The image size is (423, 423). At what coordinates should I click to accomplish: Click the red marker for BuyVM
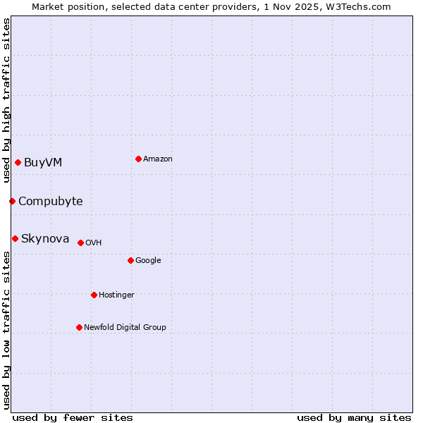[x=18, y=163]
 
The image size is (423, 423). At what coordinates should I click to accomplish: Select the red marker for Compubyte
[x=12, y=202]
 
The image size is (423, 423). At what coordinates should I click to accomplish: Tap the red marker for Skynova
[x=15, y=238]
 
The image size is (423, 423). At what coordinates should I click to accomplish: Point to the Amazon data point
[x=138, y=159]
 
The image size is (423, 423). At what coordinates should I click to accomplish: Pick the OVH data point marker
[x=80, y=243]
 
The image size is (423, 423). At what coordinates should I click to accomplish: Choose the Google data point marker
[x=130, y=260]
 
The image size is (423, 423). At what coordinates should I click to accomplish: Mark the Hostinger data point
[x=94, y=295]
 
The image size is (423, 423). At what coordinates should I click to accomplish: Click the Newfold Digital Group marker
[x=79, y=327]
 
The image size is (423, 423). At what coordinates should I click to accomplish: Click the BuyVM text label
[x=43, y=163]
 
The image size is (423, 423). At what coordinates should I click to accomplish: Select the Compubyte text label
[x=51, y=202]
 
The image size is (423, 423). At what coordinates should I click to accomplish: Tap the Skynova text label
[x=45, y=239]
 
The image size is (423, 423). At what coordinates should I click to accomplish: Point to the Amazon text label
[x=158, y=159]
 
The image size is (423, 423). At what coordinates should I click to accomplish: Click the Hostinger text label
[x=116, y=295]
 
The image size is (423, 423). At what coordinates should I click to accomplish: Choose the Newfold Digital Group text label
[x=125, y=327]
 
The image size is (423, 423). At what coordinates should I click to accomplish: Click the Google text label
[x=148, y=261]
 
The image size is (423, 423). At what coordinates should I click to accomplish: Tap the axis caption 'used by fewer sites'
[x=73, y=418]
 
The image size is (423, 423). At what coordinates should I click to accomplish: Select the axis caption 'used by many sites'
[x=354, y=418]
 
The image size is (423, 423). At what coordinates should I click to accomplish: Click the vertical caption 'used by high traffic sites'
[x=6, y=100]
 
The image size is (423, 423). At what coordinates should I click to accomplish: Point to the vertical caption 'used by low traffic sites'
[x=6, y=329]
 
